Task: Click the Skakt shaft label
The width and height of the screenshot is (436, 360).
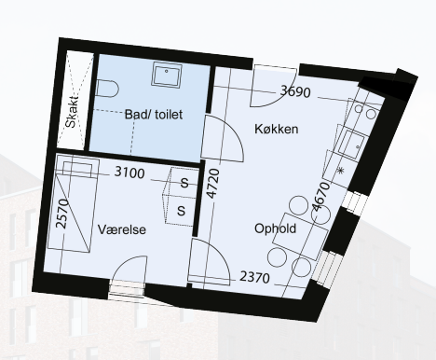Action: coord(72,112)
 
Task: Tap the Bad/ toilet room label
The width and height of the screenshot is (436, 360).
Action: coord(154,115)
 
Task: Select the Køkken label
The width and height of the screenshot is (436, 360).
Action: coord(277,129)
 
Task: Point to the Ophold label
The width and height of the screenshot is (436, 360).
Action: coord(275,228)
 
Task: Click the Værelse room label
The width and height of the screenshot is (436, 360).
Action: coord(122,229)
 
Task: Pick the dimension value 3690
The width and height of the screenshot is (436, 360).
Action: coord(295,91)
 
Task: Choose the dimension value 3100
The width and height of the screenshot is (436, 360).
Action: coord(129,173)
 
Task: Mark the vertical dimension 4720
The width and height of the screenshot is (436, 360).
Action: coord(213,183)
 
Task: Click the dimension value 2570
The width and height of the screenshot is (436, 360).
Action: coord(62,214)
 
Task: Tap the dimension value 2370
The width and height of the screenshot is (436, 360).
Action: coord(254,277)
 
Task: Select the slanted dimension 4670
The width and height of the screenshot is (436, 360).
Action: coord(320,197)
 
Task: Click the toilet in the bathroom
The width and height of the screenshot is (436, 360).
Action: coord(107,89)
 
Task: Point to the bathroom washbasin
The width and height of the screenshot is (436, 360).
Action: coord(166,75)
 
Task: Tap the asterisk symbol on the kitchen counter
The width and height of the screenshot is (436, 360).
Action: coord(341,171)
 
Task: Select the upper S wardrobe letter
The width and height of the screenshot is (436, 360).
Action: coord(184,183)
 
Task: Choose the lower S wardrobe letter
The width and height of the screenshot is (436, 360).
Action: coord(181,211)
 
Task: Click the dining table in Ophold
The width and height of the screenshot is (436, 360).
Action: coord(301,237)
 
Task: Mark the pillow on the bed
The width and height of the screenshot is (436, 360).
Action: coord(77,168)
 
